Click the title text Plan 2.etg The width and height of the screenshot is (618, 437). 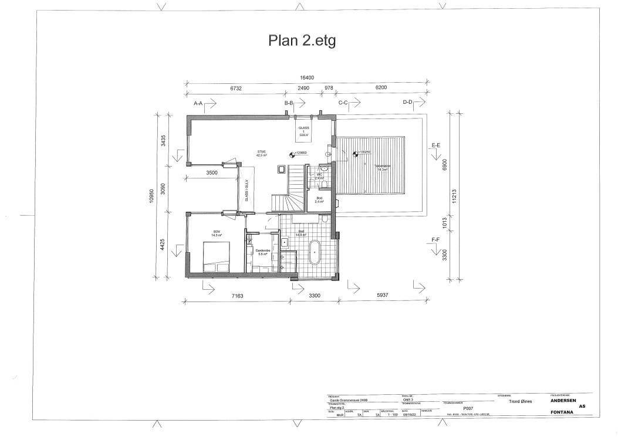pyautogui.click(x=302, y=40)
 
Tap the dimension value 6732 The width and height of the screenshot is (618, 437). pyautogui.click(x=236, y=88)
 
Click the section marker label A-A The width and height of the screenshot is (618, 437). pyautogui.click(x=198, y=103)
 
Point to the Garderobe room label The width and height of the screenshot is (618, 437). pyautogui.click(x=262, y=252)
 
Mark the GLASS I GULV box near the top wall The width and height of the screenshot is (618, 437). pyautogui.click(x=303, y=130)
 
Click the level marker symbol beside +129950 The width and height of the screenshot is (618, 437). pyautogui.click(x=291, y=155)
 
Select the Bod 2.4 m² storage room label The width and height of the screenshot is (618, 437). pyautogui.click(x=319, y=199)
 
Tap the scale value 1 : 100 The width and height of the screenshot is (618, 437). pyautogui.click(x=391, y=415)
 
